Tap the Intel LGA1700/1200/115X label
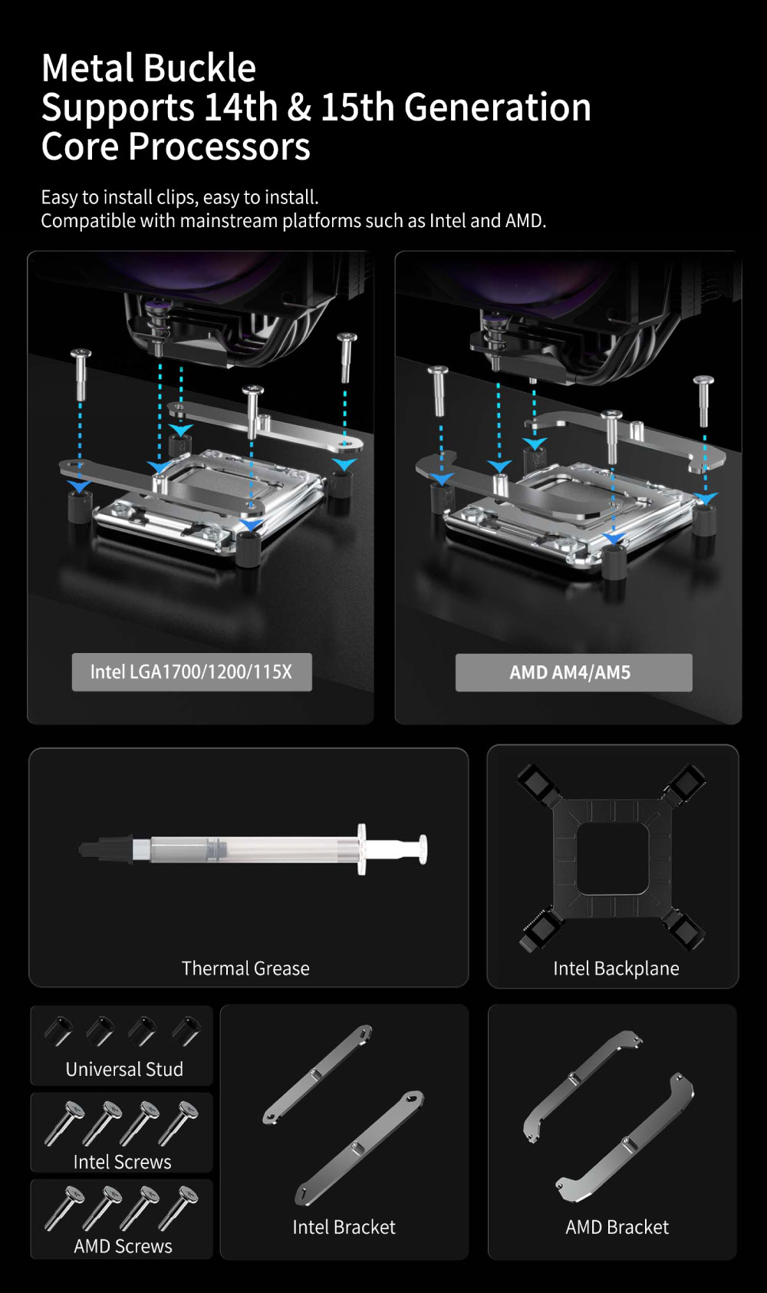(192, 672)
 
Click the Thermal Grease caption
(245, 968)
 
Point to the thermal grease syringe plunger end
(423, 849)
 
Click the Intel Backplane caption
(616, 968)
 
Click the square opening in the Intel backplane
(611, 859)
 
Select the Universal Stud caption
(124, 1069)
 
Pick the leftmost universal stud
(58, 1031)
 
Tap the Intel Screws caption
(123, 1161)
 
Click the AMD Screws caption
(123, 1245)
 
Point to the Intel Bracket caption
(344, 1226)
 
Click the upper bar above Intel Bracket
(317, 1074)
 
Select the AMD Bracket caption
(617, 1226)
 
